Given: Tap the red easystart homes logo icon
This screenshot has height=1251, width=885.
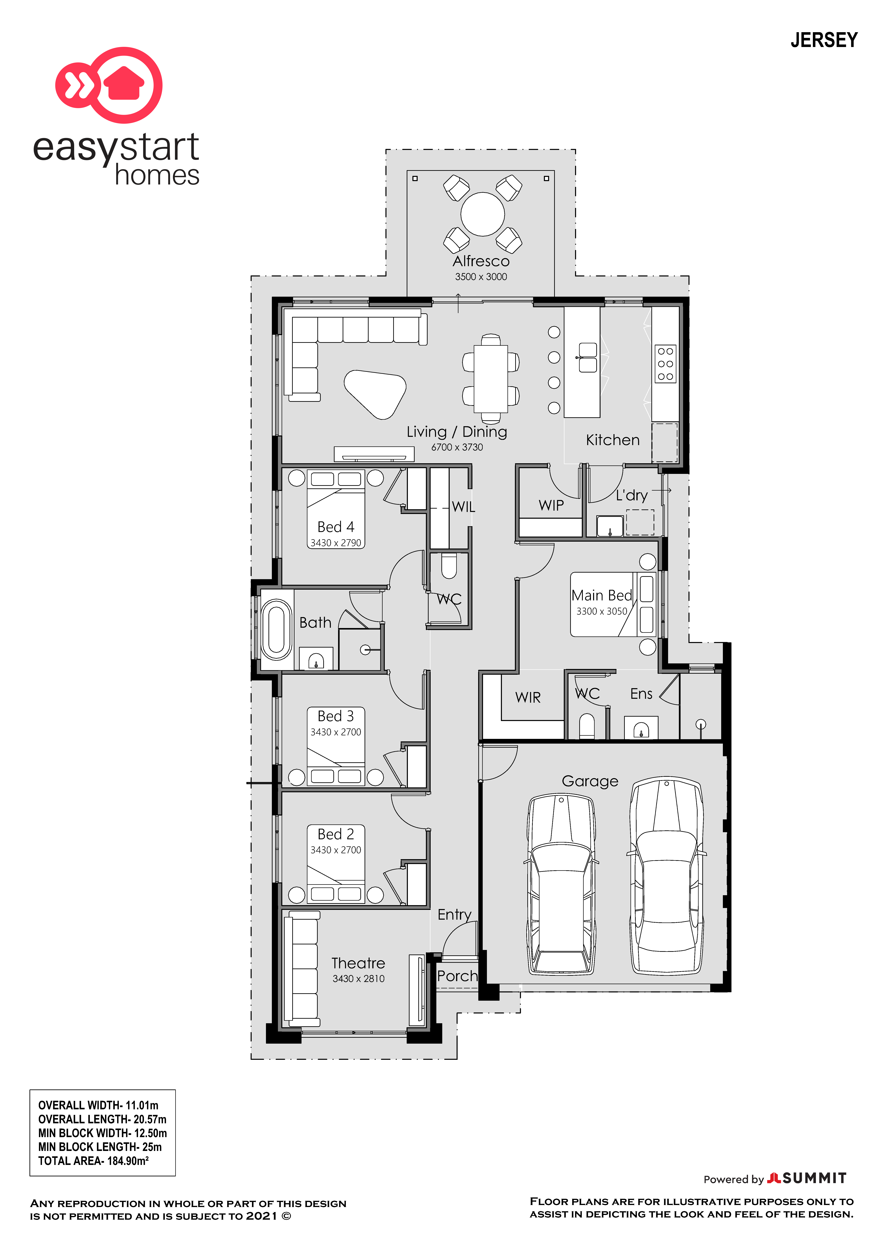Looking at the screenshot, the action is tap(109, 84).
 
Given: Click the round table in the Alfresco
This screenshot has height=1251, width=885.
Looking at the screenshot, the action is tap(482, 214).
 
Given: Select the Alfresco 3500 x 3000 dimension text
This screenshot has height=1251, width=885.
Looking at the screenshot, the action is tap(481, 277).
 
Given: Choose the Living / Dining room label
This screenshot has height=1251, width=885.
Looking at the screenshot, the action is tap(457, 432).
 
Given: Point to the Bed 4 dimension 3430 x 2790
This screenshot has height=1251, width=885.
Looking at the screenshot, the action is tap(336, 543).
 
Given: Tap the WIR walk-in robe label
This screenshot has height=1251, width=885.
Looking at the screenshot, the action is tap(528, 697).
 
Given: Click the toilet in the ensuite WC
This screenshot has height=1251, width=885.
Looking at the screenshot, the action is tap(587, 726).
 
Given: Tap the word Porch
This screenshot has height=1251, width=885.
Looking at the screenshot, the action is tap(457, 976).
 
